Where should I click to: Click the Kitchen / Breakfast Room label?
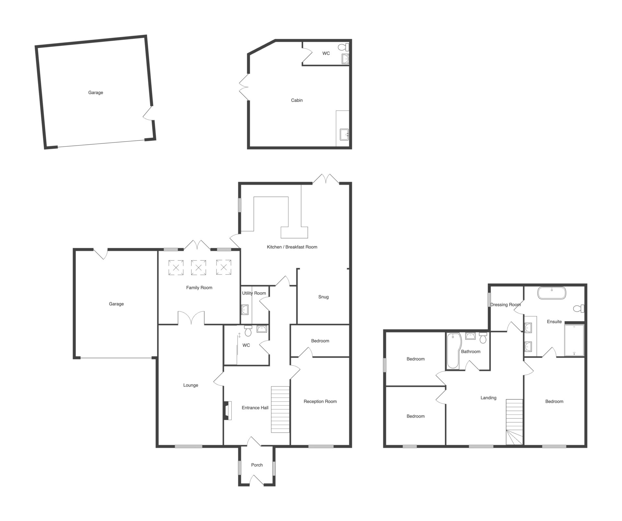[292, 247]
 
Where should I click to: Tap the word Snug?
[323, 297]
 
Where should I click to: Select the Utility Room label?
[254, 293]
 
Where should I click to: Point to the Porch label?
[257, 465]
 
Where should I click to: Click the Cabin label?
[297, 100]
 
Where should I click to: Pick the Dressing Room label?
[505, 305]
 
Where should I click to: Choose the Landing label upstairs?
[488, 398]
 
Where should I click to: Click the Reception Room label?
[320, 401]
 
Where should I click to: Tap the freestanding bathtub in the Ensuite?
[552, 293]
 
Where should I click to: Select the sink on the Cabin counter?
[344, 134]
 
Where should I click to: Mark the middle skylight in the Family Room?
[198, 268]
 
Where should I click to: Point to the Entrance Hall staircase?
[280, 409]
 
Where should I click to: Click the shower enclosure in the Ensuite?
[574, 340]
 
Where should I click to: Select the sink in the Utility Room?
[245, 310]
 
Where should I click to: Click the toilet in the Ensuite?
[579, 308]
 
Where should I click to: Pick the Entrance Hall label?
[255, 408]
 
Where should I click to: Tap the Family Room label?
[199, 288]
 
